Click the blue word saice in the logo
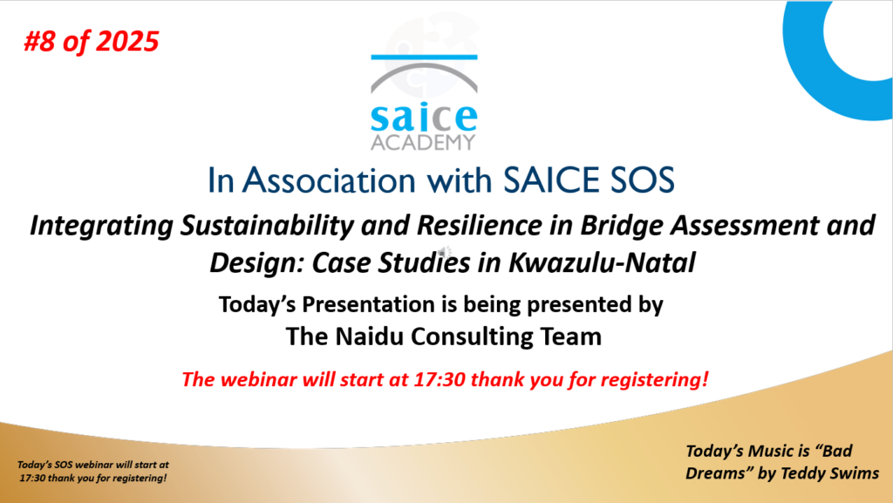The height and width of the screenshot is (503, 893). pos(424,118)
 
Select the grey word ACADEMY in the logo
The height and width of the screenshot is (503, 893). pos(423,142)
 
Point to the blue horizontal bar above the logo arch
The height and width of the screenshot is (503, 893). pos(424,57)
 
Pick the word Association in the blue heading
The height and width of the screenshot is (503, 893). pos(329,180)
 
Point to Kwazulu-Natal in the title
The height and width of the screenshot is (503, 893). pos(602,263)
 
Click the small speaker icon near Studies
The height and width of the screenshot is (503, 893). pos(444,252)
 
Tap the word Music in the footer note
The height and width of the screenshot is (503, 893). pos(771,452)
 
